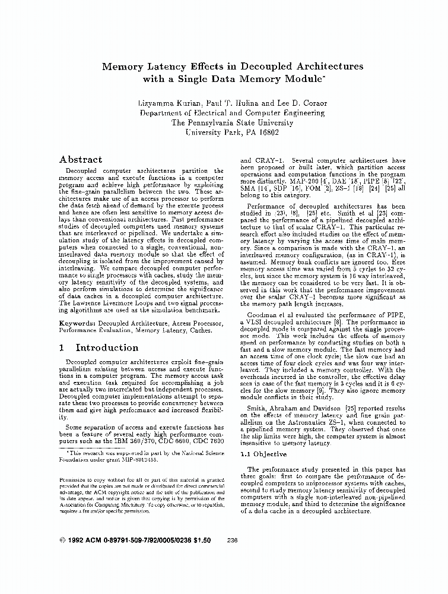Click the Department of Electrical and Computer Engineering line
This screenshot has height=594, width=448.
(233, 112)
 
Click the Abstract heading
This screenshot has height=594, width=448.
(81, 160)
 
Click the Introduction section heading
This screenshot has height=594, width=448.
(107, 348)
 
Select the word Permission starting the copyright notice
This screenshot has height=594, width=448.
(74, 479)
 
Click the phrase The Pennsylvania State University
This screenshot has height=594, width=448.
(232, 122)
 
